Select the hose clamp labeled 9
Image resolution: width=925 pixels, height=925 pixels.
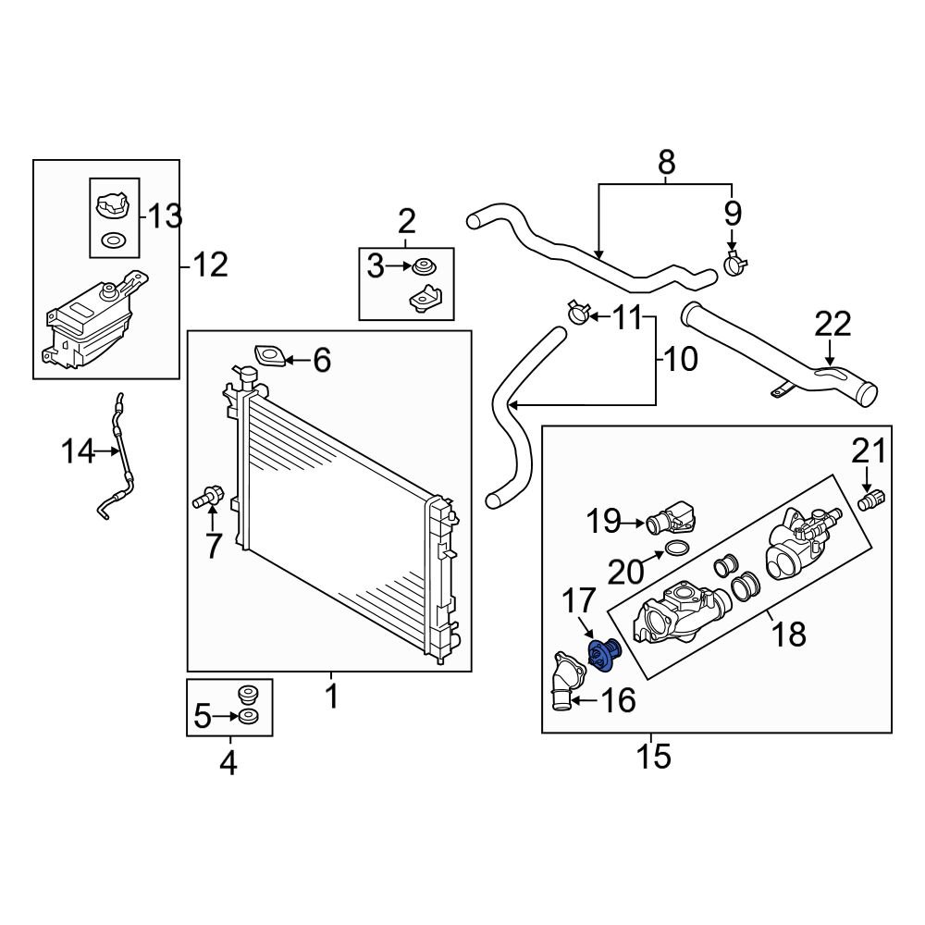736,265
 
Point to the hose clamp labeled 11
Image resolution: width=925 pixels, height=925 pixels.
577,313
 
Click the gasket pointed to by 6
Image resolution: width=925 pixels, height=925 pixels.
269,355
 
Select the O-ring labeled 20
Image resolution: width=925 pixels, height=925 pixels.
676,551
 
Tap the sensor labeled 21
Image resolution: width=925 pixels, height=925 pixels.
870,500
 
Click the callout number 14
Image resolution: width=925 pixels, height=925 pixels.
79,452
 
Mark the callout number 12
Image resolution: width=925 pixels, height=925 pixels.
210,266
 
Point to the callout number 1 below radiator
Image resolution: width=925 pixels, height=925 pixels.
330,695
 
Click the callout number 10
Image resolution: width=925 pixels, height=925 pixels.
681,359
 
